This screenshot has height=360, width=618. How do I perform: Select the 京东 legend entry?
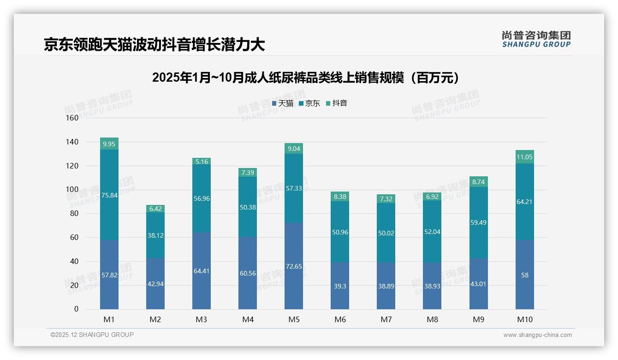pyautogui.click(x=309, y=103)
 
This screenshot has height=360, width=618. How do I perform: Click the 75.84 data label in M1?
pyautogui.click(x=109, y=195)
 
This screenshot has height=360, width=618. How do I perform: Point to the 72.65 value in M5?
pyautogui.click(x=294, y=267)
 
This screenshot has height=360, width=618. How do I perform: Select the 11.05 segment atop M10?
pyautogui.click(x=525, y=157)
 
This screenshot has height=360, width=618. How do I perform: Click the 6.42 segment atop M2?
pyautogui.click(x=155, y=209)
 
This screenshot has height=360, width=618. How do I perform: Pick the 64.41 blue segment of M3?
pyautogui.click(x=202, y=271)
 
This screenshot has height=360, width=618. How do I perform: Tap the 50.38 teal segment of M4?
pyautogui.click(x=248, y=207)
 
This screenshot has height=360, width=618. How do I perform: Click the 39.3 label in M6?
pyautogui.click(x=340, y=286)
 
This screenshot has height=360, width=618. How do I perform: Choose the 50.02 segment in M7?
pyautogui.click(x=386, y=233)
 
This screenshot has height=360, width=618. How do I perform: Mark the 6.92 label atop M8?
pyautogui.click(x=432, y=197)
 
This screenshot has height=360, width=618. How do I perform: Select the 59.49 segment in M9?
pyautogui.click(x=479, y=222)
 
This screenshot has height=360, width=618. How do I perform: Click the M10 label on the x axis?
pyautogui.click(x=525, y=319)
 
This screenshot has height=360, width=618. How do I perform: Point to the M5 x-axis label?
pyautogui.click(x=294, y=319)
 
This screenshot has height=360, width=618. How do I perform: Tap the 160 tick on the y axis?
pyautogui.click(x=72, y=118)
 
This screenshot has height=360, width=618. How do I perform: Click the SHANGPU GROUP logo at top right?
pyautogui.click(x=536, y=39)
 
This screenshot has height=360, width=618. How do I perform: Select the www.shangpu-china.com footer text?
pyautogui.click(x=537, y=335)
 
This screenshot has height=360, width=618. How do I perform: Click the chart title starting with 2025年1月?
pyautogui.click(x=307, y=78)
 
